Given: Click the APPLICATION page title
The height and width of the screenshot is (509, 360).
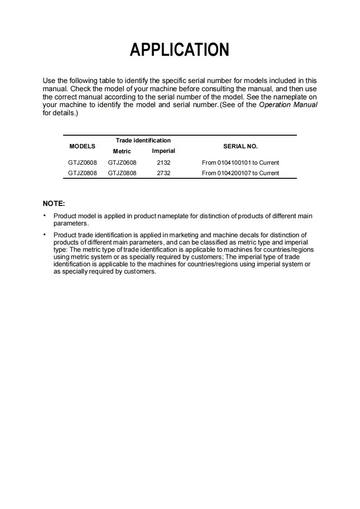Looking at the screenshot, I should (179, 49).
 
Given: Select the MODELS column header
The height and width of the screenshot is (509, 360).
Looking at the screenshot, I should (82, 146).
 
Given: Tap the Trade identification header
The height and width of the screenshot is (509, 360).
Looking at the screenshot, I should (143, 140).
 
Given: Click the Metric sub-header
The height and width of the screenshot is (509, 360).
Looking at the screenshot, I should (122, 151).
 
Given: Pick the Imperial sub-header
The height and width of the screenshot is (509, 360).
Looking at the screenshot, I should (163, 151).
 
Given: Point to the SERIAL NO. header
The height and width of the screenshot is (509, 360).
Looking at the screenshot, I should (240, 146).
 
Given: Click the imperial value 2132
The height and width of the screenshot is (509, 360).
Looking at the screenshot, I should (163, 162).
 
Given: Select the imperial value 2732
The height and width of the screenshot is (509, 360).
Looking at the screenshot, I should (163, 173).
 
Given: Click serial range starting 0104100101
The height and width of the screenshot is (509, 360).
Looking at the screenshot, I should (240, 162).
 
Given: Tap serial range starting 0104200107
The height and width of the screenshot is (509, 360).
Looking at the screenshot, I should (240, 173).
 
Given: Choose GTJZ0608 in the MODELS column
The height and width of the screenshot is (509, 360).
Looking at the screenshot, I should (82, 162).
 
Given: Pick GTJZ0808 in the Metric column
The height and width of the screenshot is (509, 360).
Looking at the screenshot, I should (122, 173).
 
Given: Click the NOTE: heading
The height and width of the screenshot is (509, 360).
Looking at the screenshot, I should (54, 204).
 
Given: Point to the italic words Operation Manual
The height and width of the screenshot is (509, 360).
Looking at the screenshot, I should (288, 105).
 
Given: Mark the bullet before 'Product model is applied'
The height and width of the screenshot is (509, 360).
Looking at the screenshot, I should (44, 216).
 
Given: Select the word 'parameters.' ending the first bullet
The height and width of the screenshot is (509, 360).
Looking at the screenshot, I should (71, 223).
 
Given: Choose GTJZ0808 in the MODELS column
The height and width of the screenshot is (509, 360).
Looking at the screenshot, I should (82, 173).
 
